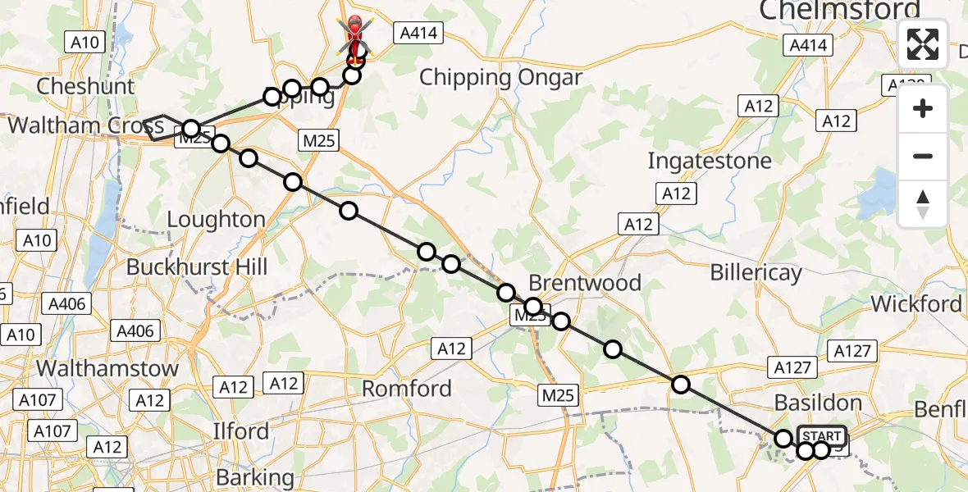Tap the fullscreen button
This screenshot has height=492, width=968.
pyautogui.click(x=923, y=44)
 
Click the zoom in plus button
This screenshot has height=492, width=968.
pyautogui.click(x=923, y=109)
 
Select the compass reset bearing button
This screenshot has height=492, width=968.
pyautogui.click(x=923, y=204)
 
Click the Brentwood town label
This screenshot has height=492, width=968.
pyautogui.click(x=585, y=283)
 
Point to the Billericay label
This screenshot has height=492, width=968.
pyautogui.click(x=756, y=271)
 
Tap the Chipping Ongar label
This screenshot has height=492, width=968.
pyautogui.click(x=500, y=78)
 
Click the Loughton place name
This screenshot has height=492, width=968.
pyautogui.click(x=216, y=220)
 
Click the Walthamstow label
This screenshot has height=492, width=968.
pyautogui.click(x=107, y=369)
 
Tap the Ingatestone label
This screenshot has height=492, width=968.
pyautogui.click(x=710, y=160)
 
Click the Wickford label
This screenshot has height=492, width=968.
pyautogui.click(x=916, y=304)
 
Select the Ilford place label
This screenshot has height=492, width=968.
pyautogui.click(x=240, y=431)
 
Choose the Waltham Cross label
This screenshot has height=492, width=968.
pyautogui.click(x=86, y=126)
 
